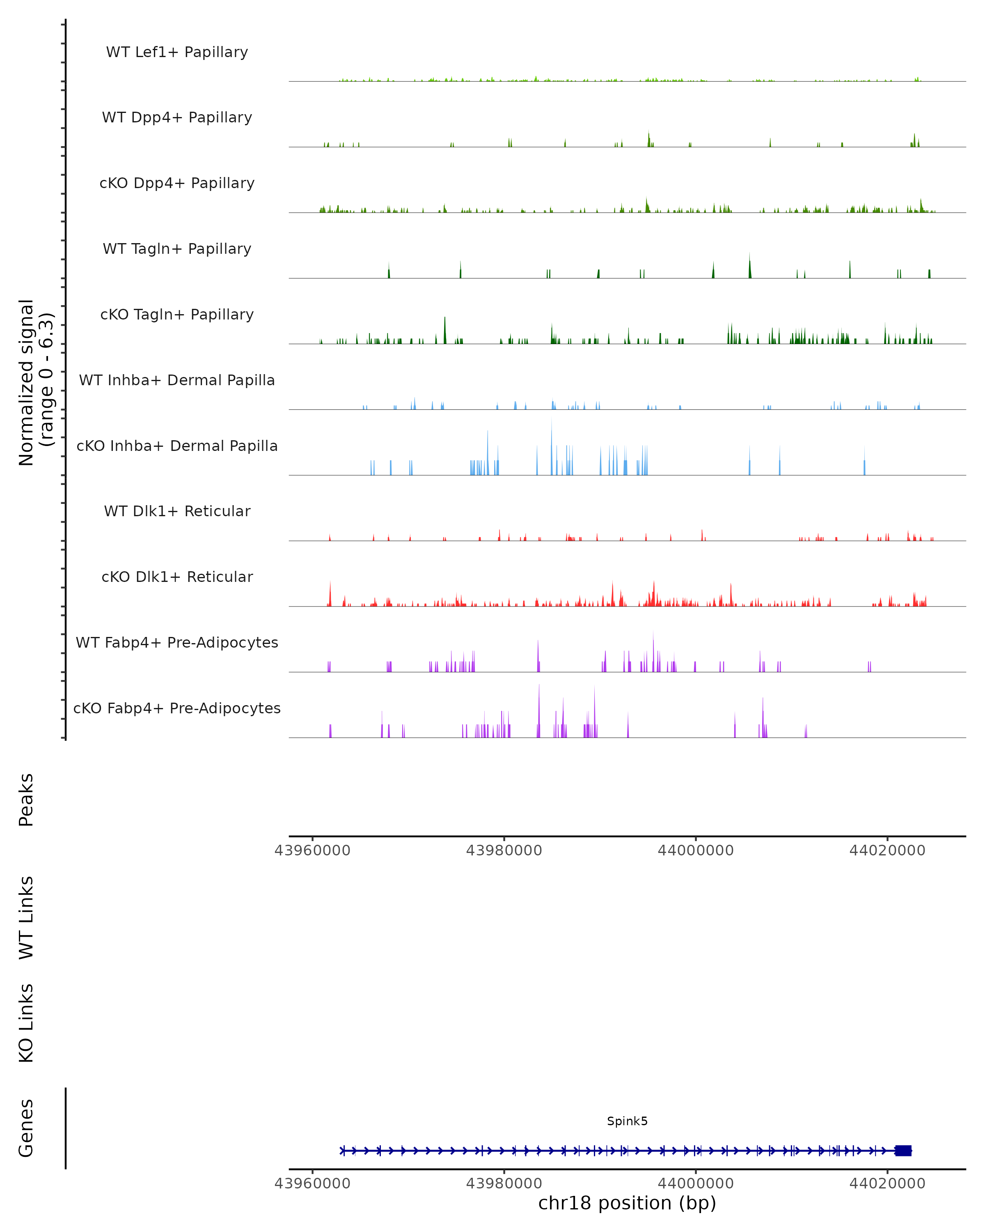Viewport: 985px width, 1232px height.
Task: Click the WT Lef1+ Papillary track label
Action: coord(177,52)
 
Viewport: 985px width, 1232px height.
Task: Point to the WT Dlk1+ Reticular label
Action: coord(177,511)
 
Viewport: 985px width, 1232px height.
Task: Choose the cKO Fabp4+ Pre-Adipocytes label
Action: coord(177,708)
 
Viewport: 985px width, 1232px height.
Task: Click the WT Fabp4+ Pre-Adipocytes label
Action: coord(177,642)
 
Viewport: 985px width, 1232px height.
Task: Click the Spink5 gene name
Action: coord(627,1121)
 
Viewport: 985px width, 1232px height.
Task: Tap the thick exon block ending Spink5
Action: coord(903,1151)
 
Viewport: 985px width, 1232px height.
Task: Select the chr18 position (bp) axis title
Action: coord(627,1203)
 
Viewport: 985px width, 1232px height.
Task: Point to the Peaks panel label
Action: coord(26,800)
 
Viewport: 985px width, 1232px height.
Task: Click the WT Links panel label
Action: coord(26,917)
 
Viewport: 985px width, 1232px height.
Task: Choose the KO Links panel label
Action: coord(26,1023)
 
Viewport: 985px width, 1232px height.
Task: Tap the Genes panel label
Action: coord(26,1128)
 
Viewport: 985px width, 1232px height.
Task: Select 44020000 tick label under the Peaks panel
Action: coord(887,850)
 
